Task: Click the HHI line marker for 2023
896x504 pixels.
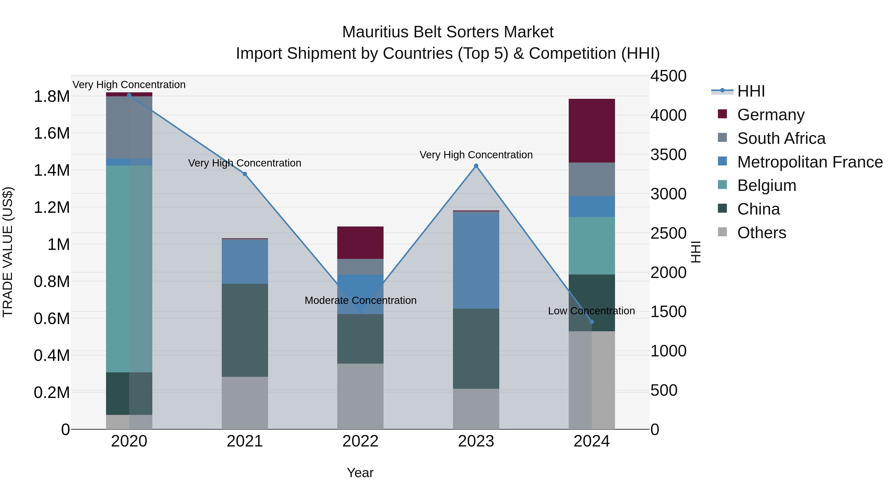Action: click(x=476, y=166)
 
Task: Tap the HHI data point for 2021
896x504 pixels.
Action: click(x=244, y=174)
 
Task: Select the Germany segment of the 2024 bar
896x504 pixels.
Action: click(x=592, y=130)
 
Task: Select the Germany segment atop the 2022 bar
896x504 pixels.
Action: click(x=360, y=242)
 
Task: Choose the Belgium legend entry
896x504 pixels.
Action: click(x=766, y=185)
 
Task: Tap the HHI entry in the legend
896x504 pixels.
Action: click(x=751, y=91)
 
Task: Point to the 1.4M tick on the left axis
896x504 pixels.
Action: click(x=52, y=170)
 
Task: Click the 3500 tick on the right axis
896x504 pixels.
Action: click(x=668, y=155)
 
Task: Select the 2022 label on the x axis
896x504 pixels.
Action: click(x=360, y=441)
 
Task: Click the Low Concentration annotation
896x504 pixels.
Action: click(x=591, y=311)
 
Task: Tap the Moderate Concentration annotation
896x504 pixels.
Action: click(x=360, y=300)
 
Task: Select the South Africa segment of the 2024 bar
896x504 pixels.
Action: click(x=592, y=179)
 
